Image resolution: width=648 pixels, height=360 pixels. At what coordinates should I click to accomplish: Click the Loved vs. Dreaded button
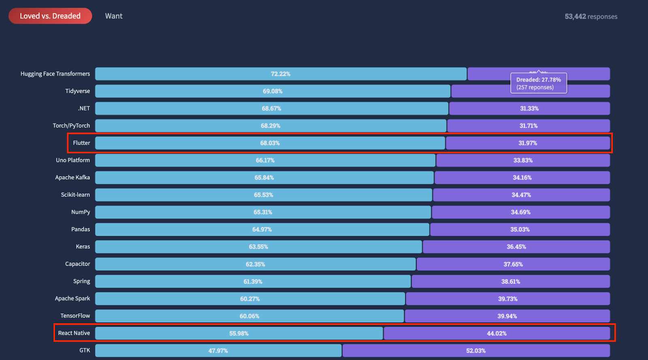click(50, 16)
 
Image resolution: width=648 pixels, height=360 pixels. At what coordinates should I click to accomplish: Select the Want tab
click(114, 16)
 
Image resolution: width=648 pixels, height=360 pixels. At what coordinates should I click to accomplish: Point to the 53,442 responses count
click(591, 17)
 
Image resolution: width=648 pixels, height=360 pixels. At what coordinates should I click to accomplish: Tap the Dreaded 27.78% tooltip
click(539, 83)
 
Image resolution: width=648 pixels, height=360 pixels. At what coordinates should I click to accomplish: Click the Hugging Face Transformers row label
click(55, 74)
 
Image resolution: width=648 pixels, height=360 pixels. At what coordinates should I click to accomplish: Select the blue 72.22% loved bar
click(281, 74)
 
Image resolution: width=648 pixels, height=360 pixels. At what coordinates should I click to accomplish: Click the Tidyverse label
click(77, 91)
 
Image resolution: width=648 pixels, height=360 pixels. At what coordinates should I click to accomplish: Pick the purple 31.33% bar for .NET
click(529, 109)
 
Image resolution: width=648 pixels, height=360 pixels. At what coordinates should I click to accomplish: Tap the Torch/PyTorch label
click(71, 126)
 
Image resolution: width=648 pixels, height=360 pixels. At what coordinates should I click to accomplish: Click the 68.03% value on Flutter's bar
click(270, 143)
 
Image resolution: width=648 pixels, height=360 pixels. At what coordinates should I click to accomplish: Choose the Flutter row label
click(81, 143)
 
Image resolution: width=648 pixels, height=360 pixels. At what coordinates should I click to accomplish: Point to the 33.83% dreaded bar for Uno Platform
click(523, 160)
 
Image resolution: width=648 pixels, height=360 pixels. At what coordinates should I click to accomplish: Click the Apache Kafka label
click(72, 177)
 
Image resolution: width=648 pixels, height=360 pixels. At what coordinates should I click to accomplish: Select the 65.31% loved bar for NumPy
click(263, 212)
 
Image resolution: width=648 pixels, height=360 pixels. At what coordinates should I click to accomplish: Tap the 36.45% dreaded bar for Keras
click(516, 247)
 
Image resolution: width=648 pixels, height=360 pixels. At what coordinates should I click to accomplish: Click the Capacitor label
click(77, 264)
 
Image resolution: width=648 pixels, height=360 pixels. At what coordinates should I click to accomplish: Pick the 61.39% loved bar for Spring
click(253, 281)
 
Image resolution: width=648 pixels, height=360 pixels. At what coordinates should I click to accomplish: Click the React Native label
click(74, 333)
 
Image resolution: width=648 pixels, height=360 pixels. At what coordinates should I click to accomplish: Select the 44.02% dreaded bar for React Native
click(497, 333)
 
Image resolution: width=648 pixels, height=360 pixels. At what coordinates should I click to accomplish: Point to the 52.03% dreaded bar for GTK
click(476, 351)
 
